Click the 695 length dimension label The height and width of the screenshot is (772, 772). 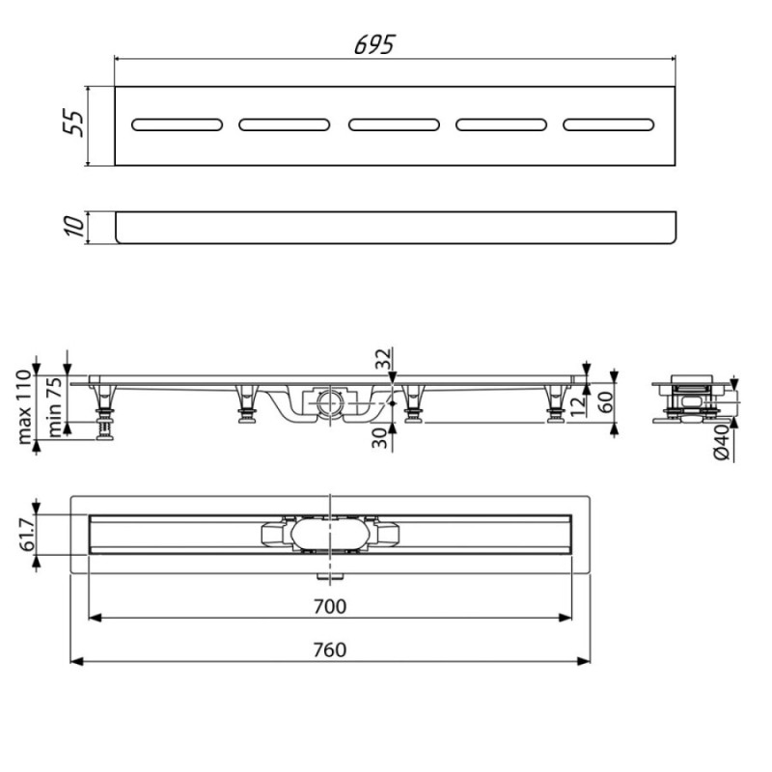pyautogui.click(x=374, y=44)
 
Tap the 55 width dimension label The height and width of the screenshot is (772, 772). pyautogui.click(x=74, y=123)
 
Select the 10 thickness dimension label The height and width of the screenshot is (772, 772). pyautogui.click(x=75, y=226)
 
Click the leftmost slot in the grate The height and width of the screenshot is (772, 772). pyautogui.click(x=177, y=124)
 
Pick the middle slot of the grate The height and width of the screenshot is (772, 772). pyautogui.click(x=394, y=124)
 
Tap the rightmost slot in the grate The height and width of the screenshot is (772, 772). pyautogui.click(x=609, y=124)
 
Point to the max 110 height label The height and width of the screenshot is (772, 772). pyautogui.click(x=24, y=407)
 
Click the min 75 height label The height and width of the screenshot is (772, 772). pyautogui.click(x=55, y=406)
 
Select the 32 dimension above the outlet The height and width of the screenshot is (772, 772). pyautogui.click(x=383, y=358)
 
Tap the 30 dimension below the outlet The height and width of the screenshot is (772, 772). pyautogui.click(x=379, y=438)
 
